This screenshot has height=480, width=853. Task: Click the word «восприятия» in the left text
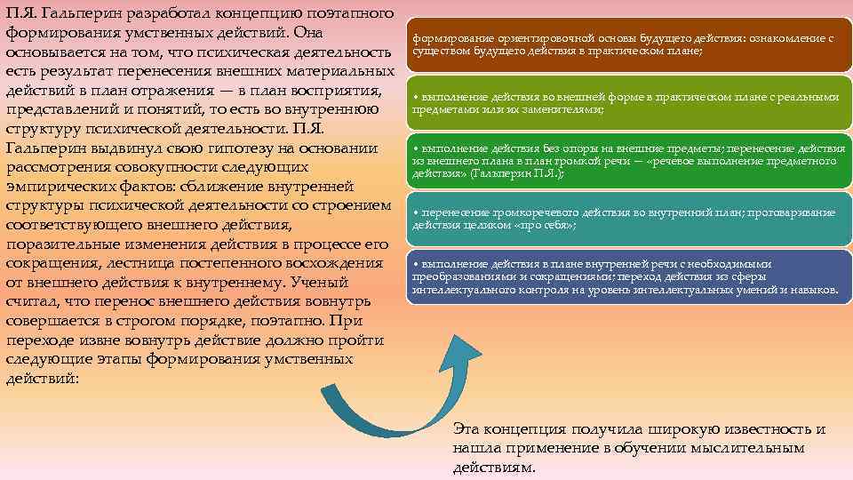(337, 91)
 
